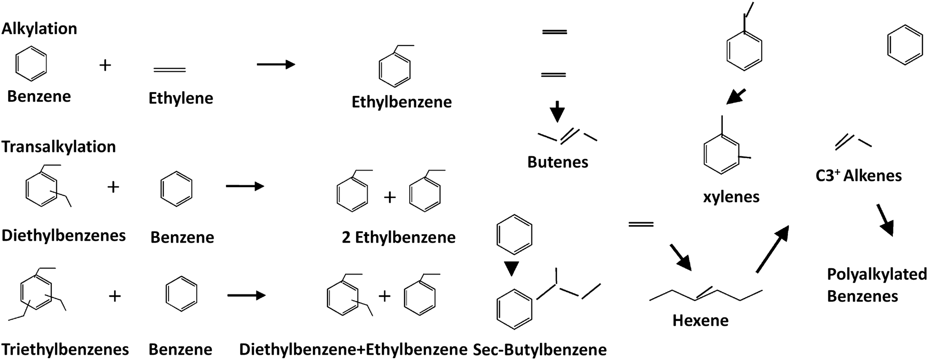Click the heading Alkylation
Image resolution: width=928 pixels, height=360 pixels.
click(x=39, y=28)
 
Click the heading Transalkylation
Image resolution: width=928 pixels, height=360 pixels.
click(x=58, y=146)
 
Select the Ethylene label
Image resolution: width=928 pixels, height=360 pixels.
click(x=180, y=98)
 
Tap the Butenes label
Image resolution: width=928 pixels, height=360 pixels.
click(x=558, y=162)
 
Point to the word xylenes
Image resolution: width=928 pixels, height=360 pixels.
click(x=731, y=197)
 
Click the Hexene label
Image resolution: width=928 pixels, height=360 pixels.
click(x=700, y=320)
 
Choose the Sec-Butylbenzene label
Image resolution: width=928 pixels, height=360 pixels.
click(x=540, y=350)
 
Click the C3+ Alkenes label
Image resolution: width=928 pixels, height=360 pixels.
click(x=858, y=176)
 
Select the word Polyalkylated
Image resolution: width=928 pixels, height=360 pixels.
click(x=876, y=274)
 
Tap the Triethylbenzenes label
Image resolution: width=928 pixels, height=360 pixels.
click(x=65, y=350)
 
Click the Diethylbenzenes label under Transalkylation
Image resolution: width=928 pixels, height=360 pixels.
click(x=64, y=236)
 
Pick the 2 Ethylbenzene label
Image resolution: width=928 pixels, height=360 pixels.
click(x=398, y=237)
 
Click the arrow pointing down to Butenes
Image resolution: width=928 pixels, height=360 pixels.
click(x=557, y=112)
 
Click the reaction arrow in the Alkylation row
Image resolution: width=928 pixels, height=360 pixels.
click(x=276, y=65)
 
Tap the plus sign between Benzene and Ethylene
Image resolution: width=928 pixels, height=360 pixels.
click(x=105, y=65)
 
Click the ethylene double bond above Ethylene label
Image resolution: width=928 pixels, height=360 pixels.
click(x=170, y=70)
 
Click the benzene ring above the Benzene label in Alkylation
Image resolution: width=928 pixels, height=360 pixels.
click(x=31, y=63)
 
